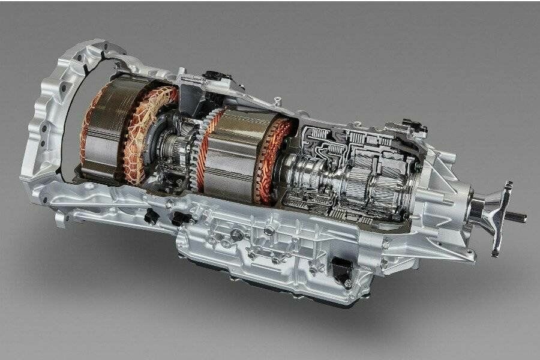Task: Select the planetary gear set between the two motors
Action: pyautogui.click(x=177, y=147)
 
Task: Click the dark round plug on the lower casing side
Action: pyautogui.click(x=237, y=236)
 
